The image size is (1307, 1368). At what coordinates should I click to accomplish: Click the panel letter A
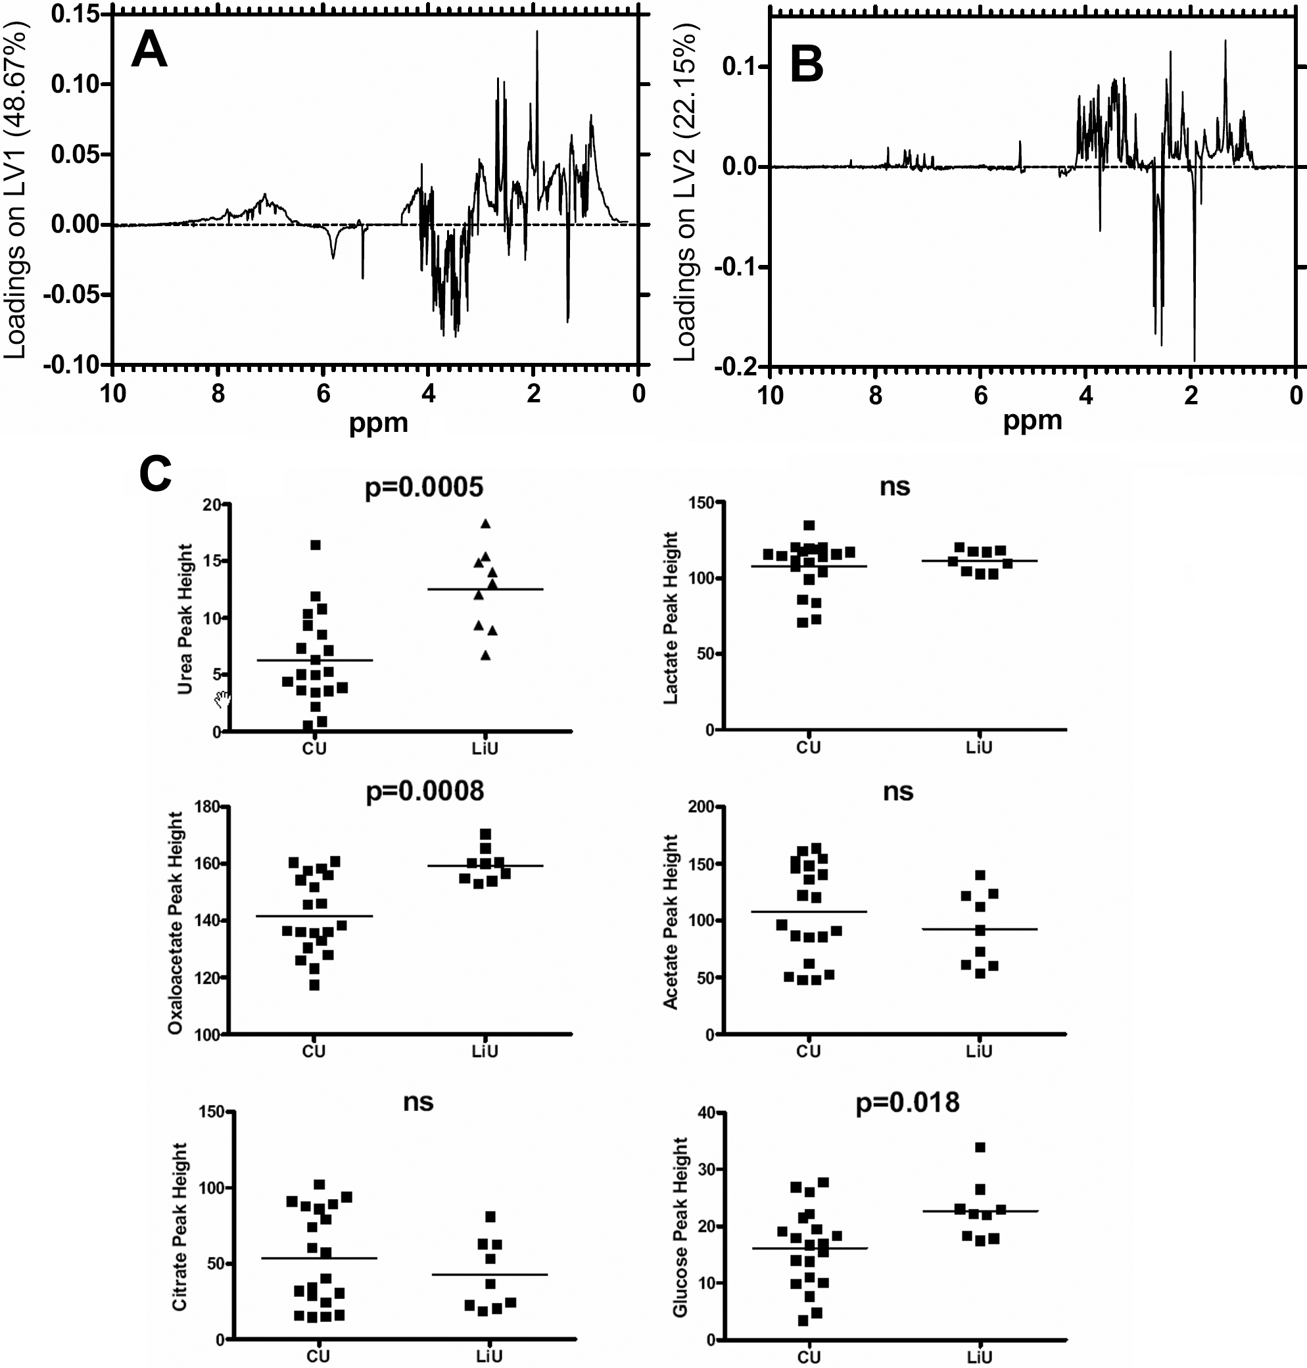pos(149,50)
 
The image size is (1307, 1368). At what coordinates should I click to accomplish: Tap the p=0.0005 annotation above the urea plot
pos(423,488)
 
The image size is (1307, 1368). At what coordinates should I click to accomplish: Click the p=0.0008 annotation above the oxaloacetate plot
pos(424,791)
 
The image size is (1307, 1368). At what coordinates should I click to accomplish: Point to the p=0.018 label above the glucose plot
pos(907,1102)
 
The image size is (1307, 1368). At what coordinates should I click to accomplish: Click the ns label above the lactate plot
pos(895,486)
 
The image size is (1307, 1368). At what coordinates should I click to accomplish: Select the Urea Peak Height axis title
pos(185,619)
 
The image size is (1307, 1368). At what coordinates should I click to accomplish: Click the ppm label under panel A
pos(378,423)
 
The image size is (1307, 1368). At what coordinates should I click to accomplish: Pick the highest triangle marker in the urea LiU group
pos(486,525)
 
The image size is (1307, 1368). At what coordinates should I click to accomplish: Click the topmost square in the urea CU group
pos(315,545)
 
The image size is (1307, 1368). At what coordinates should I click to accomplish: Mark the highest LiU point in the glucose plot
pos(980,1147)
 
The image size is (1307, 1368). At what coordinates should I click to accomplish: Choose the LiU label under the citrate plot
pos(489,1356)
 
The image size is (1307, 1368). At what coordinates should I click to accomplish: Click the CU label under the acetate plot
pos(808,1050)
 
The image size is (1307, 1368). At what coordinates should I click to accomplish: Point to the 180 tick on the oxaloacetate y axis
pos(208,807)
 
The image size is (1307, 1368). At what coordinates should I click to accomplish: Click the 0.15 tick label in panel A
pos(74,14)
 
